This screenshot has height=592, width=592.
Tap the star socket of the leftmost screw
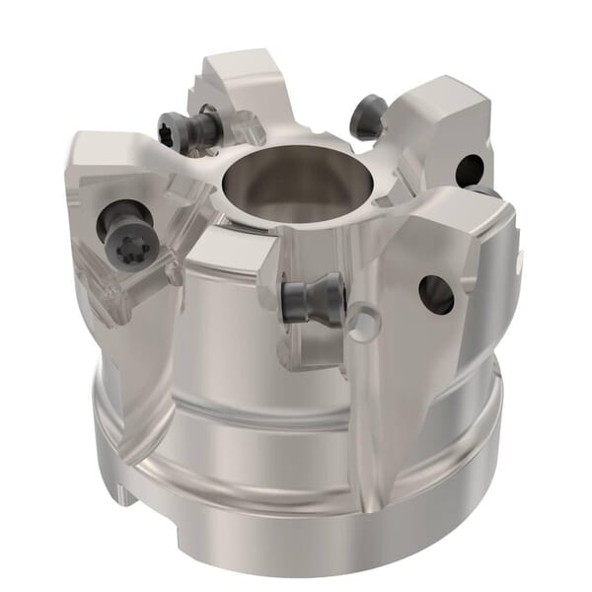126,249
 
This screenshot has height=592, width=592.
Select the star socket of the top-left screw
168,131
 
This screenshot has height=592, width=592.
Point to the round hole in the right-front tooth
435,293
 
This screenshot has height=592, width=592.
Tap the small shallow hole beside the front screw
366,323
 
